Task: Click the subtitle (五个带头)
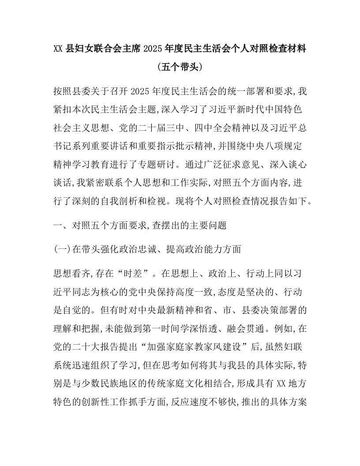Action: (x=180, y=67)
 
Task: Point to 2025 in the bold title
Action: (x=154, y=48)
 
